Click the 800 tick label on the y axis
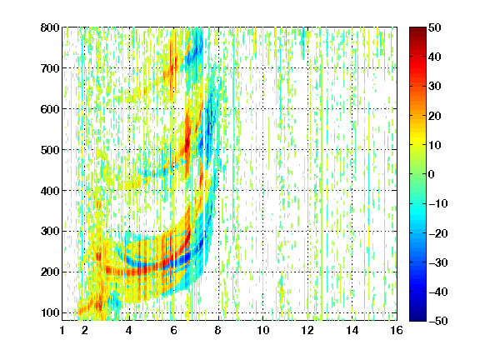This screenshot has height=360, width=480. pyautogui.click(x=50, y=27)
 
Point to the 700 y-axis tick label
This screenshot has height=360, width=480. pyautogui.click(x=50, y=68)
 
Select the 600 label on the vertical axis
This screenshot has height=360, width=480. pyautogui.click(x=50, y=109)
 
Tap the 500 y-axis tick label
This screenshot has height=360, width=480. pyautogui.click(x=50, y=150)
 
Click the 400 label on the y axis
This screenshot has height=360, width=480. pyautogui.click(x=50, y=191)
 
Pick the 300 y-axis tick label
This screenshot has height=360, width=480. pyautogui.click(x=50, y=232)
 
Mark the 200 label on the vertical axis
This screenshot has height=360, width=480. pyautogui.click(x=50, y=272)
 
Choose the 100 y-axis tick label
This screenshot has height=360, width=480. pyautogui.click(x=50, y=312)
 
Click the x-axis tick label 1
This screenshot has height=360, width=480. pyautogui.click(x=62, y=330)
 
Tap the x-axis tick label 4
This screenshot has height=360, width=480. pyautogui.click(x=129, y=330)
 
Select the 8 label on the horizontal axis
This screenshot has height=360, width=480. pyautogui.click(x=218, y=330)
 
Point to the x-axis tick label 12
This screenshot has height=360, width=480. pyautogui.click(x=307, y=330)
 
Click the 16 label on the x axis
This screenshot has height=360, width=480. pyautogui.click(x=397, y=330)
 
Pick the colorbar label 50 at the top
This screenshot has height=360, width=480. pyautogui.click(x=435, y=27)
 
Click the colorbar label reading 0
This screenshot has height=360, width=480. pyautogui.click(x=432, y=174)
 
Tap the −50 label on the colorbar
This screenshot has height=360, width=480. pyautogui.click(x=438, y=321)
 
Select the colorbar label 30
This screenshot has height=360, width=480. pyautogui.click(x=435, y=87)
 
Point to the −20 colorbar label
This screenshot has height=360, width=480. pyautogui.click(x=438, y=233)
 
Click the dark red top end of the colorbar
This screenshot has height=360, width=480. pyautogui.click(x=417, y=30)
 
